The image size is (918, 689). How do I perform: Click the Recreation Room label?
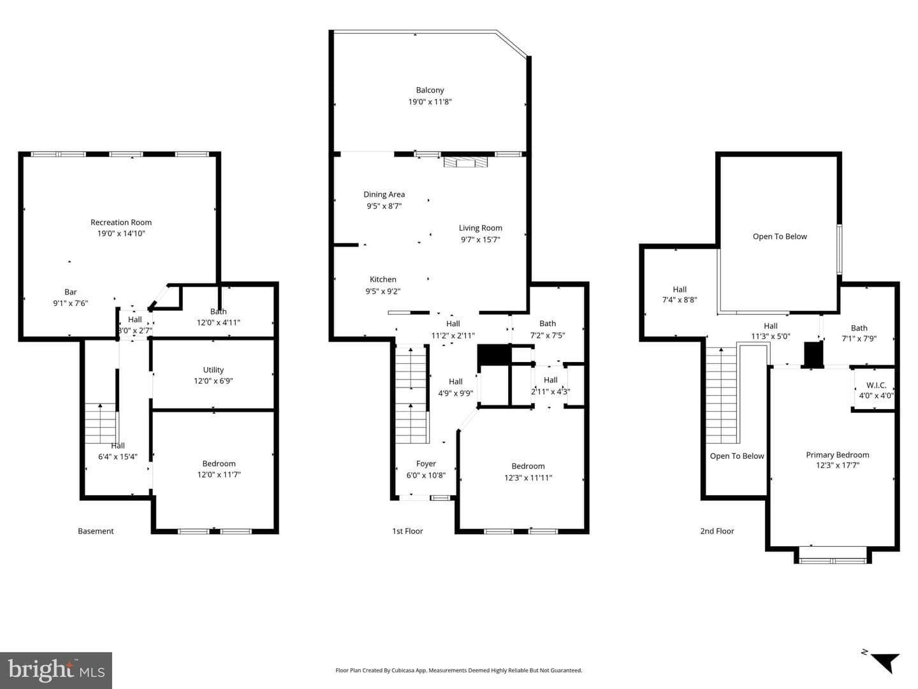pos(121,222)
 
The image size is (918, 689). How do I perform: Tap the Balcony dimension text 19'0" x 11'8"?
pos(430,101)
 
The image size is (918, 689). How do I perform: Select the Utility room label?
pos(214,370)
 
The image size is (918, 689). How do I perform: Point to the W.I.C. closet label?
pos(876,385)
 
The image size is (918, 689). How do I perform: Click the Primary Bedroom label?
pos(837,455)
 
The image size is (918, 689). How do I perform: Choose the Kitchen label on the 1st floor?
pos(382,279)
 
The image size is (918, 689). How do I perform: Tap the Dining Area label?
pos(384,194)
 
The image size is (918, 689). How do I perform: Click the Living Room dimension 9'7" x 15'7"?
pos(481,240)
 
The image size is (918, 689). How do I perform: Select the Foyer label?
pos(426,463)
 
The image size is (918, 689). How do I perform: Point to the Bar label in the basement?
pos(71,292)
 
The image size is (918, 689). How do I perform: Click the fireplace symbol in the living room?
pos(465,162)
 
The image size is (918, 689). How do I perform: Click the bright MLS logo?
pos(56,671)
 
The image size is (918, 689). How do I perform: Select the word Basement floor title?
pos(96,531)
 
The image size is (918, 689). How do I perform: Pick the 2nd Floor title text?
pos(717,531)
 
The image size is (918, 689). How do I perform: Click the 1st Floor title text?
pos(407,531)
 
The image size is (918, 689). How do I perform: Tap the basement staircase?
pos(101,423)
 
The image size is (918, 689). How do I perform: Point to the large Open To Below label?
pos(780,236)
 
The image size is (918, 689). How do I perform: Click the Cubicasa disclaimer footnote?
pos(459,670)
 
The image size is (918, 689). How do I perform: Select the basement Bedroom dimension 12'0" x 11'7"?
pos(219,474)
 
